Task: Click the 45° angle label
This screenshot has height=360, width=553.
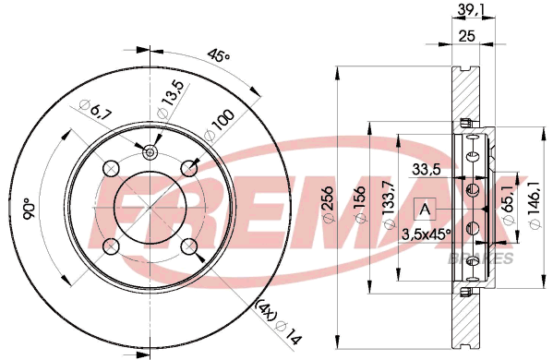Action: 218,55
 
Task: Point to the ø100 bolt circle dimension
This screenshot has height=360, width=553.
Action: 220,126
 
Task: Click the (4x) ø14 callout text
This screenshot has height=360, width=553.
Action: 280,322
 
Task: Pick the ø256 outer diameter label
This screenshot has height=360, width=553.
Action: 329,204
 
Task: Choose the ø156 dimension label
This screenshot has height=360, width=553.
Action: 360,205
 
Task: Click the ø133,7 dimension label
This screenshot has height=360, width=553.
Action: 389,205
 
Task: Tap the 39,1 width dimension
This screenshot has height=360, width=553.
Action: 471,10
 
